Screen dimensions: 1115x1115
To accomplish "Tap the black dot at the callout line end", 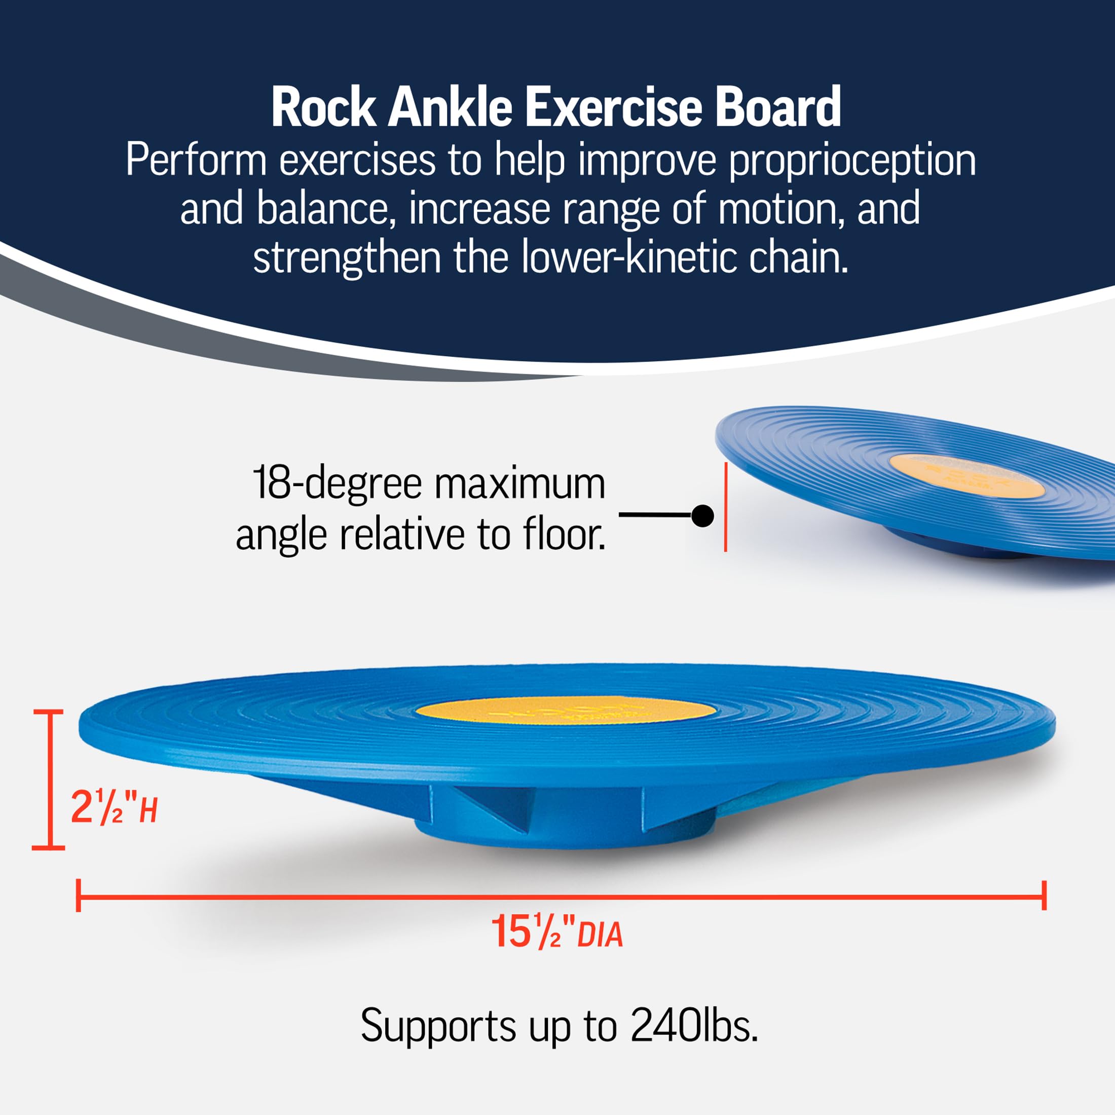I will (702, 515).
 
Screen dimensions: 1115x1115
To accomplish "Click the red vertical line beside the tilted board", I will (725, 507).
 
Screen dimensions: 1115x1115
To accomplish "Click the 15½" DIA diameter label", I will (556, 932).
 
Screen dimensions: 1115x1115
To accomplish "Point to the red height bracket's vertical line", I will (49, 779).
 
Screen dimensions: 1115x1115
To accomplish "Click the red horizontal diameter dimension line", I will (560, 896).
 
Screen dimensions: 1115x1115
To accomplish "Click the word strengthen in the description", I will (347, 258).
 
